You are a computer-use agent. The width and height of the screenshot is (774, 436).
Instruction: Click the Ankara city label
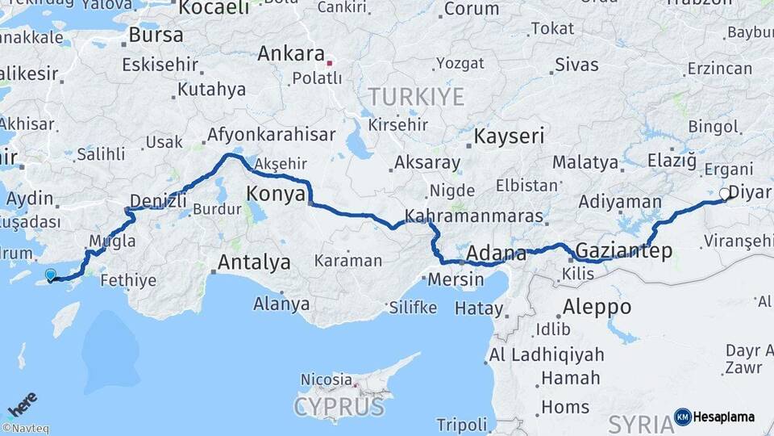[x=289, y=54]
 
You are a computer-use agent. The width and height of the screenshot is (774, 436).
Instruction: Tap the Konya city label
[x=276, y=194]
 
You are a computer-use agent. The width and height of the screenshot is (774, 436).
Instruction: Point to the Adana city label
[x=496, y=252]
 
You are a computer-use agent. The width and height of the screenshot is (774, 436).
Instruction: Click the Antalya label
[x=254, y=262]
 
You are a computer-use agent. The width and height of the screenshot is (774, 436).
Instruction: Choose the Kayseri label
[x=510, y=136]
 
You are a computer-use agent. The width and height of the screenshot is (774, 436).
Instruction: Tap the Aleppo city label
[x=597, y=307]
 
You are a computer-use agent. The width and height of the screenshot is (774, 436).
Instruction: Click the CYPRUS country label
[x=339, y=406]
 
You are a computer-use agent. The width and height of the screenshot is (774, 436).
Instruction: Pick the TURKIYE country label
[x=417, y=97]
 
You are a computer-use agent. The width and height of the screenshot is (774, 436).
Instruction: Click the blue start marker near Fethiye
[x=52, y=275]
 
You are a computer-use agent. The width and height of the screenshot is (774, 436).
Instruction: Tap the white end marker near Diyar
[x=724, y=194]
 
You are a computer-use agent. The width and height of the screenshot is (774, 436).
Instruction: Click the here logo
[x=22, y=404]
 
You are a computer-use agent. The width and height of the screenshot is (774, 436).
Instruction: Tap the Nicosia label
[x=326, y=379]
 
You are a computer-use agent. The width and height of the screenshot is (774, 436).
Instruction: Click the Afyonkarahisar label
[x=271, y=135]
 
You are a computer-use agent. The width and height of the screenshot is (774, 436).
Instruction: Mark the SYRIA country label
[x=640, y=424]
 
